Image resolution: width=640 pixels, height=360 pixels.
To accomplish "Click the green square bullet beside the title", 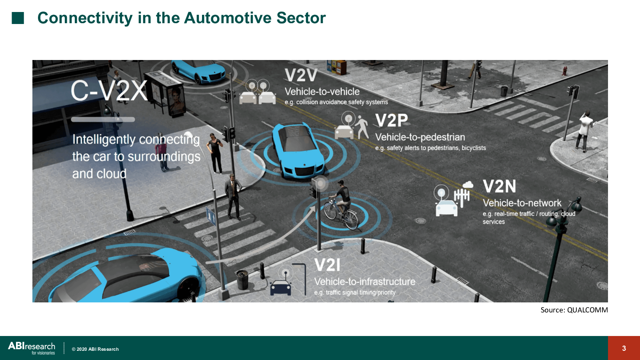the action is pyautogui.click(x=18, y=18).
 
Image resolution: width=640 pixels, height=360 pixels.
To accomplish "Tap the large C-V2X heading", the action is pyautogui.click(x=109, y=90).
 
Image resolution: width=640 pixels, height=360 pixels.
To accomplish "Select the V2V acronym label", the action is pyautogui.click(x=301, y=76).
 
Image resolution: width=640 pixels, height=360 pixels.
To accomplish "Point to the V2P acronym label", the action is pyautogui.click(x=392, y=120).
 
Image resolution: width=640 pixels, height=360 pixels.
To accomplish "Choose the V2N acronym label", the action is pyautogui.click(x=500, y=186).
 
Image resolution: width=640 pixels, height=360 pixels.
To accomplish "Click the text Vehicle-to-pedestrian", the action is pyautogui.click(x=420, y=137).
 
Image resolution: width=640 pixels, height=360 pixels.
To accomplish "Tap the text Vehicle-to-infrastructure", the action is pyautogui.click(x=365, y=282).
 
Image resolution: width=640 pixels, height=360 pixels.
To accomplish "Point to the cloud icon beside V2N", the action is pyautogui.click(x=468, y=185).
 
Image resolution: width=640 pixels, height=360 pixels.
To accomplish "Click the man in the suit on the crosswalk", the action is pyautogui.click(x=234, y=196).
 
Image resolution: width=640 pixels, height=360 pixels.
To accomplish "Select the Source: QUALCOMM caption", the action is pyautogui.click(x=574, y=310).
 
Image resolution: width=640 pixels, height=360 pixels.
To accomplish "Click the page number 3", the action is pyautogui.click(x=624, y=348).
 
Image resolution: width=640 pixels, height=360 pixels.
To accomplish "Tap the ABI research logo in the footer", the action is pyautogui.click(x=32, y=348).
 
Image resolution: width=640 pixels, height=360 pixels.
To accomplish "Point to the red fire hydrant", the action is pyautogui.click(x=564, y=70).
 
